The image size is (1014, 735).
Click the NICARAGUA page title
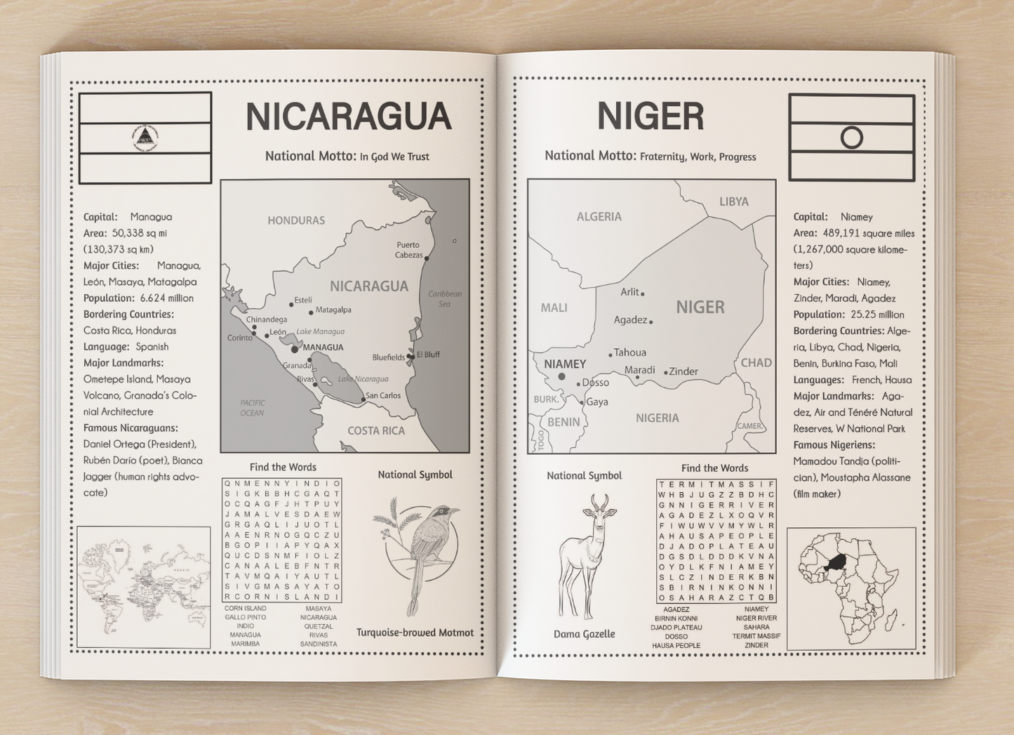(x=348, y=117)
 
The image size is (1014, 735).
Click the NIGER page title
(x=650, y=117)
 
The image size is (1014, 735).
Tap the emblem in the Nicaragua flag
(x=145, y=137)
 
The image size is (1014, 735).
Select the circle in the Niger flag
(x=851, y=138)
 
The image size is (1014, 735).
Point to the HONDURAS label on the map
(x=296, y=220)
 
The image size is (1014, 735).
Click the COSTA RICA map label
(x=376, y=431)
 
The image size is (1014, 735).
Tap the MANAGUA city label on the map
(x=323, y=347)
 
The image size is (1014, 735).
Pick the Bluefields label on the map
(x=389, y=357)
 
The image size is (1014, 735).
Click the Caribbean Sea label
(x=445, y=298)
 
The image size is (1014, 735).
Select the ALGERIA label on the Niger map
(x=599, y=217)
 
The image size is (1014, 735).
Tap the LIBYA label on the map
(x=734, y=202)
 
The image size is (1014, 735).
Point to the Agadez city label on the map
(x=630, y=320)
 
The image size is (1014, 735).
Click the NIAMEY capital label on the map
(x=565, y=364)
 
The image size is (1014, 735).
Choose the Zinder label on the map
(x=683, y=372)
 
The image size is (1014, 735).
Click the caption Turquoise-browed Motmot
(x=415, y=633)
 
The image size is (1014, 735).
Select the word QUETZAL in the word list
(x=318, y=626)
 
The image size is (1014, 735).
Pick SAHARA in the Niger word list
(x=756, y=627)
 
